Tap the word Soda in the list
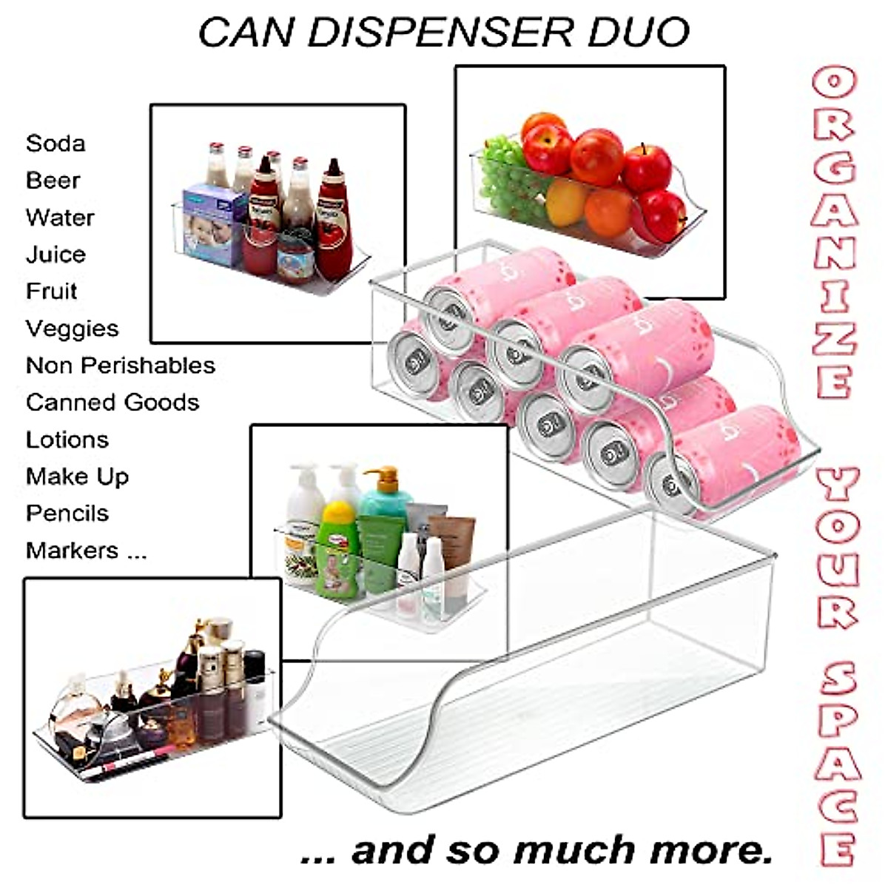coord(55,143)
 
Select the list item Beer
coord(53,180)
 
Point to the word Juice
coord(55,254)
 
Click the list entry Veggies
coord(72,328)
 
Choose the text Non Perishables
coord(121,365)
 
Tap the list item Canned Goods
coord(112,402)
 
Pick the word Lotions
coord(67,439)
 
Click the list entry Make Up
coord(77,476)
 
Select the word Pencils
coord(67,513)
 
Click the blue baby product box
coord(214,226)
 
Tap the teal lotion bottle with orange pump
coord(385,492)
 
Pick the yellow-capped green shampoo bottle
coord(337,548)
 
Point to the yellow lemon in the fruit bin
coord(567,201)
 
